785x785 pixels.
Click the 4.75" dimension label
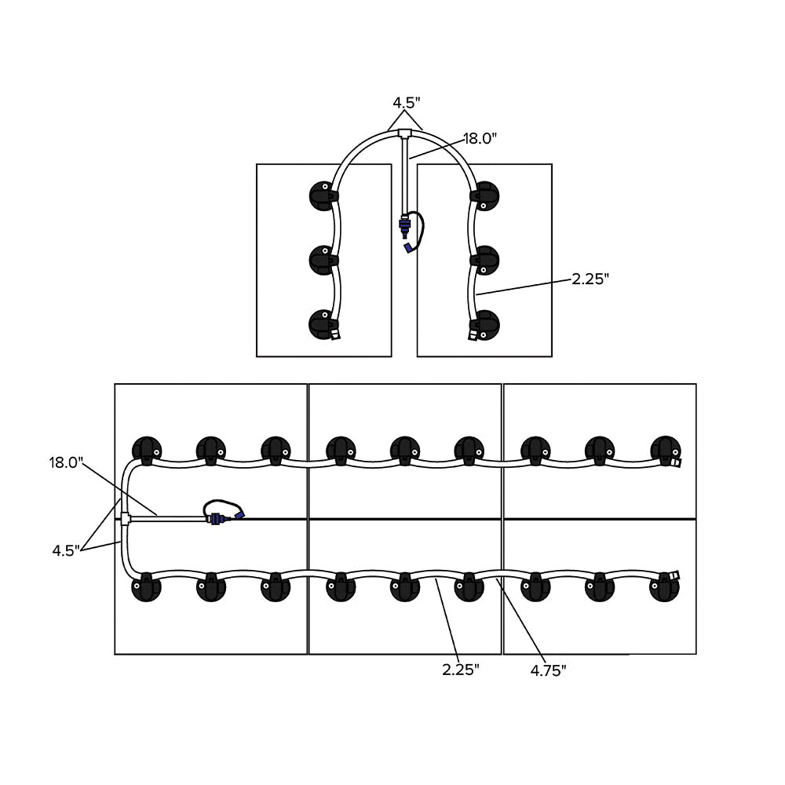pos(548,670)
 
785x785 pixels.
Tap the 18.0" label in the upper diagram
pos(480,139)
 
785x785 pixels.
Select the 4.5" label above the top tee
pos(407,102)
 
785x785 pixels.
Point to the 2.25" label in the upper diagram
pos(590,279)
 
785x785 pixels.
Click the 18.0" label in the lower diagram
pos(66,462)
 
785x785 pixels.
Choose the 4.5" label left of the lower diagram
pos(67,550)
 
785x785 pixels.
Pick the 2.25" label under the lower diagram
pos(461,670)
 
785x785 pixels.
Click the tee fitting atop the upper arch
pos(405,134)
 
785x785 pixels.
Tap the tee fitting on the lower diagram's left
pos(126,517)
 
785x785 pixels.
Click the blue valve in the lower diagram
pos(217,518)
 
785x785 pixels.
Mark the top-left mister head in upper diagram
pos(322,195)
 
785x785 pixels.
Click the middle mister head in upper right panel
pos(485,259)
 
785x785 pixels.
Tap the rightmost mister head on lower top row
pos(665,450)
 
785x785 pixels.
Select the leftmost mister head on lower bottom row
pos(145,587)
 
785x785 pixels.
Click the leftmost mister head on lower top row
pos(146,450)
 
